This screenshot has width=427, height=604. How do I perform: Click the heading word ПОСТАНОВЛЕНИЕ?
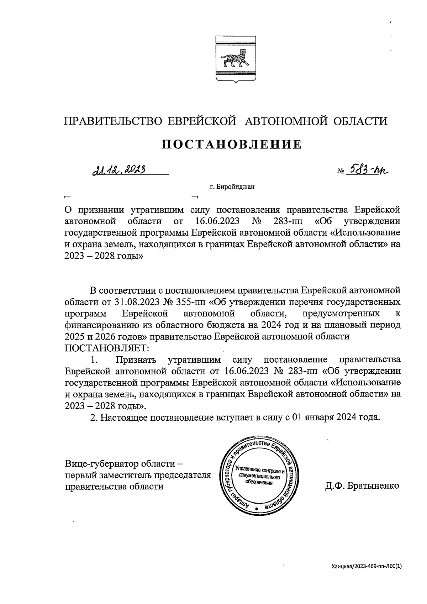(x=232, y=145)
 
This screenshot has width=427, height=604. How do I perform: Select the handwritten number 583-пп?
(x=367, y=170)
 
